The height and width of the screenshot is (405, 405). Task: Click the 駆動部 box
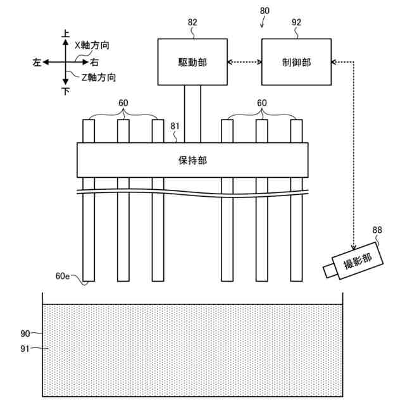click(x=192, y=61)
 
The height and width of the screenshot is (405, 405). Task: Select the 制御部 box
click(x=297, y=61)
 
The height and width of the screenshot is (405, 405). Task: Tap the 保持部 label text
click(x=192, y=160)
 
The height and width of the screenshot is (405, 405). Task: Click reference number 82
click(x=192, y=22)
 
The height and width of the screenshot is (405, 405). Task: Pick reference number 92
click(x=297, y=22)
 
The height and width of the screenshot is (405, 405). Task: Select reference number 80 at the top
click(x=265, y=11)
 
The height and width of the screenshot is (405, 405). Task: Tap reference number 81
click(x=175, y=126)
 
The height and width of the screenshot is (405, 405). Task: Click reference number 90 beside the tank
click(x=25, y=333)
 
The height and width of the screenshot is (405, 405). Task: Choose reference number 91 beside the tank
click(x=25, y=348)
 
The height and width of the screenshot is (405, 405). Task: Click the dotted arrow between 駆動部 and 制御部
click(x=244, y=61)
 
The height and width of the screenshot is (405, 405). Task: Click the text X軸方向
click(x=92, y=46)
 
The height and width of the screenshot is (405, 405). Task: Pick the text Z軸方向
click(x=99, y=77)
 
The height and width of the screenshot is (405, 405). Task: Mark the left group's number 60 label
click(x=123, y=103)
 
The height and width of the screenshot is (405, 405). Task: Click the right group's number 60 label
click(x=262, y=103)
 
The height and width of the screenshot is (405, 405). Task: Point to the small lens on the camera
click(x=329, y=271)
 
